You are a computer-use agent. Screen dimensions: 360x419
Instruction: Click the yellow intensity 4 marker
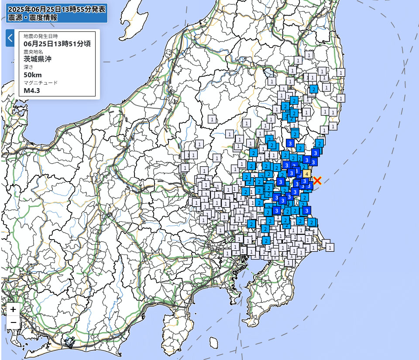(306, 174)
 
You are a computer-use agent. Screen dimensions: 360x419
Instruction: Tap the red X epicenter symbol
(317, 180)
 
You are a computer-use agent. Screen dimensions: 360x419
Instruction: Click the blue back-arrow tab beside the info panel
(10, 38)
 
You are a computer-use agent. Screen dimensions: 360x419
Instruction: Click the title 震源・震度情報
(32, 18)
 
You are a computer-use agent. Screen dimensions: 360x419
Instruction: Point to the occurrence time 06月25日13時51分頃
(57, 44)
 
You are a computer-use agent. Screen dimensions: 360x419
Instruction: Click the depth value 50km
(33, 75)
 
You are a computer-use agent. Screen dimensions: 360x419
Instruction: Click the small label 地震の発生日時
(41, 36)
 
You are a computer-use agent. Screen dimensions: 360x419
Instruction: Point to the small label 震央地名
(32, 51)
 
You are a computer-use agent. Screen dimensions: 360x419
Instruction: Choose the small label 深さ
(28, 67)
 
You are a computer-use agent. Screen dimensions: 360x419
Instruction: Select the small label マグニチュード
(41, 82)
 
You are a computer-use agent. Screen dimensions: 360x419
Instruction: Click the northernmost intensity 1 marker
(309, 55)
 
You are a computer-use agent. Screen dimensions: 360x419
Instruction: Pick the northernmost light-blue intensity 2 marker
(313, 89)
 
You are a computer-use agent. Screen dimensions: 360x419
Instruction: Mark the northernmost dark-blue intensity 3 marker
(290, 143)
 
